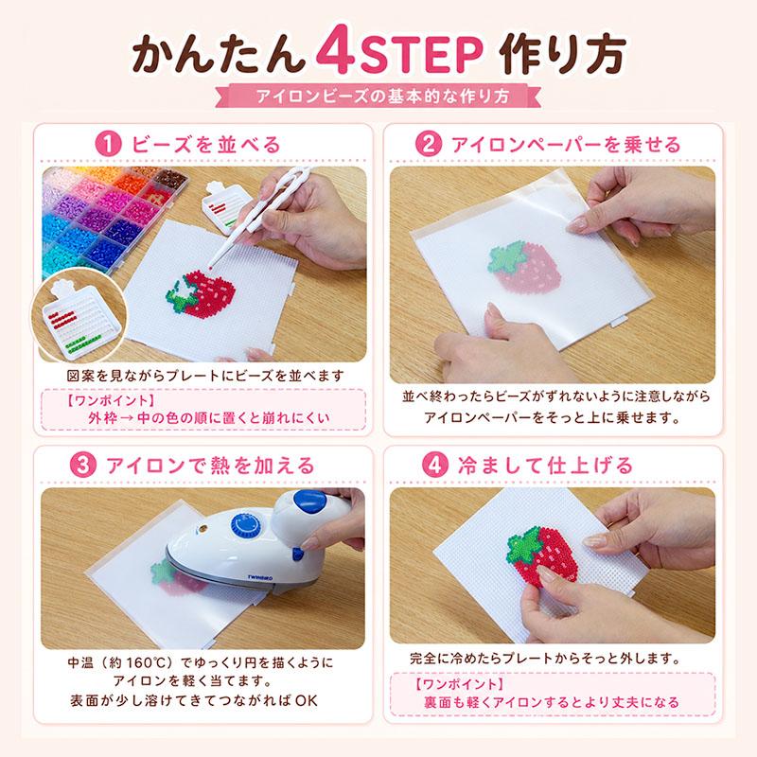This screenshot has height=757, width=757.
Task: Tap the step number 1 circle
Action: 108,145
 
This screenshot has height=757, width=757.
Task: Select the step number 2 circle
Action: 429,144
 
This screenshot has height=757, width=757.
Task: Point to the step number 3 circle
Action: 83,466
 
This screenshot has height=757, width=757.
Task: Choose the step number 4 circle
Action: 435,466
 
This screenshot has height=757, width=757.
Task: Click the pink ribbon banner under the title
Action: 378,96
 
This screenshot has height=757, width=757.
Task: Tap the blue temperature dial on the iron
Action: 245,525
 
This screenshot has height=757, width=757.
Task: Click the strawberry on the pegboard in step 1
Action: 202,293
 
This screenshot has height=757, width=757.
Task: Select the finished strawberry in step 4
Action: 540,555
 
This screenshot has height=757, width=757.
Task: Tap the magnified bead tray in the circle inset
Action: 79,319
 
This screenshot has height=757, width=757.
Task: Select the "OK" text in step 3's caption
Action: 306,700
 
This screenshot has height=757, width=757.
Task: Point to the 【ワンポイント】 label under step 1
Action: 111,400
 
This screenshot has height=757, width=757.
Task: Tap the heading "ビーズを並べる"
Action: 205,145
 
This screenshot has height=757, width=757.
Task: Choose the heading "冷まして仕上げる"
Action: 545,466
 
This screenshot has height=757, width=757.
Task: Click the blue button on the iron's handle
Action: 309,502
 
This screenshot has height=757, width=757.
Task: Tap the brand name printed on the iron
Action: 260,577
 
